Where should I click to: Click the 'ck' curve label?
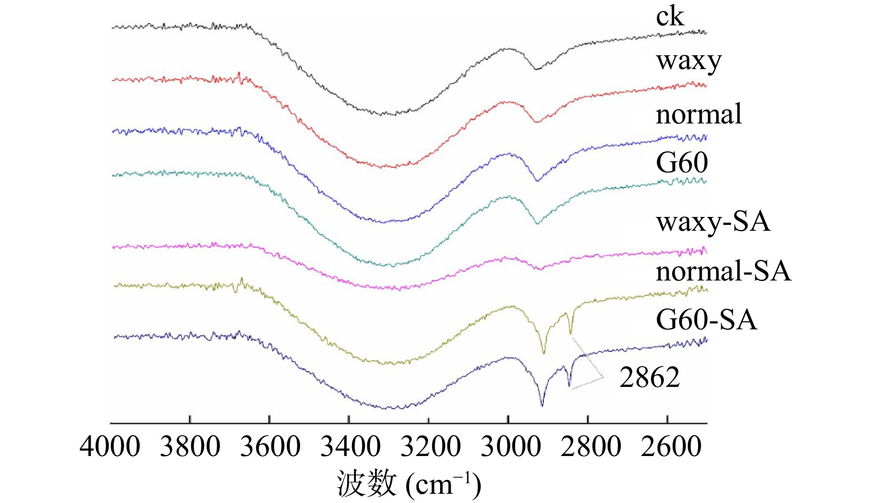coord(670,18)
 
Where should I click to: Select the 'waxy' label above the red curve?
coord(689,62)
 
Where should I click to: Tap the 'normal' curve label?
coord(699,114)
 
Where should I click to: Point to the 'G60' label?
coord(682,163)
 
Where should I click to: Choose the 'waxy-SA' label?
coord(713,222)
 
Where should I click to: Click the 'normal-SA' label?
coord(723,271)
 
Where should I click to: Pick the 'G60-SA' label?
coord(706,320)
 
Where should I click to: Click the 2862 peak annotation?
coord(649,378)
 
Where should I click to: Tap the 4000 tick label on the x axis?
coord(110,447)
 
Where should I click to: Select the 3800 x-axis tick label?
coord(190,447)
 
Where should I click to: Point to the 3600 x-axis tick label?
coord(270,447)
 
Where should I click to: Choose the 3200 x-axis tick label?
coord(430,447)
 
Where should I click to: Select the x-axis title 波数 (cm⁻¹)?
coord(410,484)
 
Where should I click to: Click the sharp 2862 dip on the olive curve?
coord(571,333)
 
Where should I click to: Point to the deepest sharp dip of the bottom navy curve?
coord(542,405)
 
